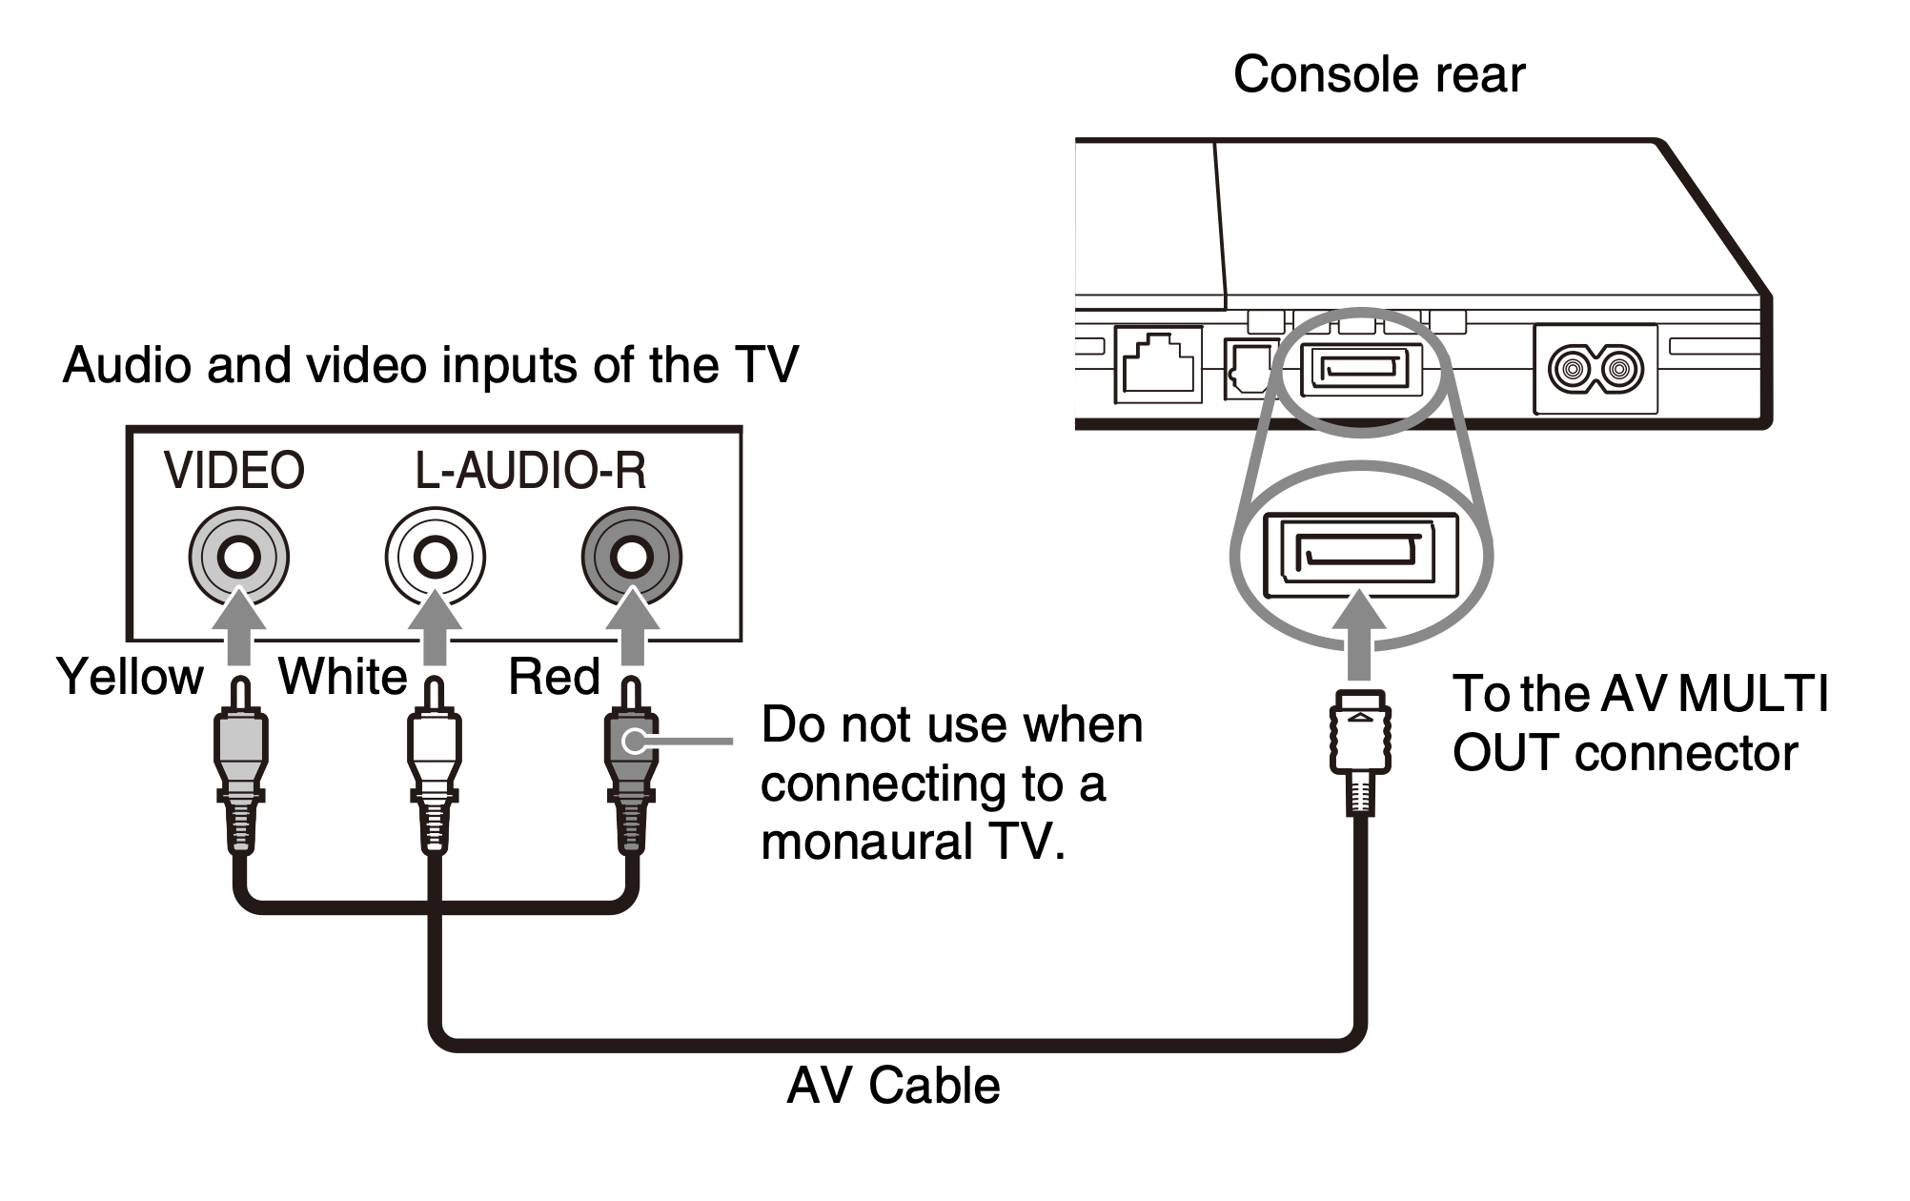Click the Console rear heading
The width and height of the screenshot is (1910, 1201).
click(x=1378, y=74)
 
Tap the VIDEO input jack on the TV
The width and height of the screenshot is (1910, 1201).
click(x=238, y=557)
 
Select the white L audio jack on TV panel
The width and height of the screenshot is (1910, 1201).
click(x=436, y=557)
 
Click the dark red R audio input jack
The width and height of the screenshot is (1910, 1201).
click(x=631, y=557)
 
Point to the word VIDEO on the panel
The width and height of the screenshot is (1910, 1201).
click(x=234, y=470)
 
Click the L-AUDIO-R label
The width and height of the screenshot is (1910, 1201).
click(x=531, y=470)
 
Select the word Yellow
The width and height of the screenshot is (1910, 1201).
click(x=130, y=677)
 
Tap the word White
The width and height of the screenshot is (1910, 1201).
click(x=342, y=677)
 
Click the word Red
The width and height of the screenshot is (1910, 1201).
click(x=554, y=677)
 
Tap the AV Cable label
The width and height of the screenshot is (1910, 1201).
click(x=893, y=1086)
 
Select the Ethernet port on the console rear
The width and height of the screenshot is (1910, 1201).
click(x=1157, y=364)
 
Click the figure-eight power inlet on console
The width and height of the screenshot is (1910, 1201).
click(x=1595, y=369)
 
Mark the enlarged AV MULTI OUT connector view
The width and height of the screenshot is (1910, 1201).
click(x=1360, y=556)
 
